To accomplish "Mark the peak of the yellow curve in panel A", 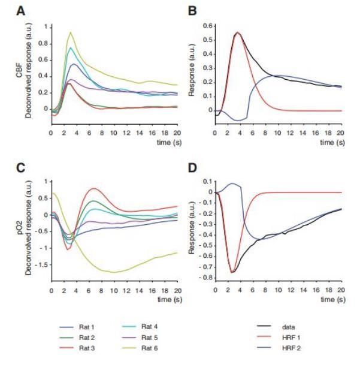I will pos(71,32).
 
